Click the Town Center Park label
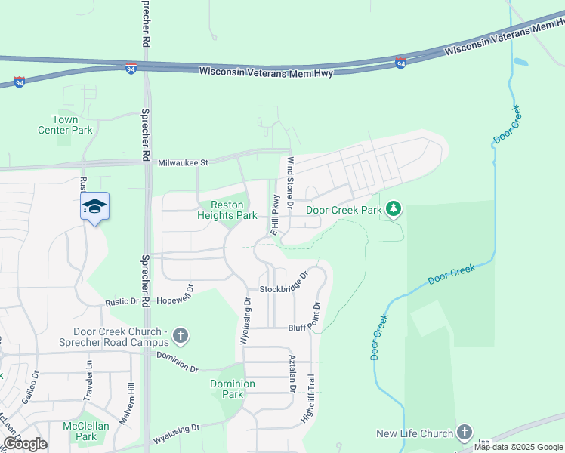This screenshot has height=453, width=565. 65,125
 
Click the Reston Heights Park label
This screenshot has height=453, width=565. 227,210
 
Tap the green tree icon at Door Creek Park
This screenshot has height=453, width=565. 393,208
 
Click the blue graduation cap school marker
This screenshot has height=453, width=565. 95,206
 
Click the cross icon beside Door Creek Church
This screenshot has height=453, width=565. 180,334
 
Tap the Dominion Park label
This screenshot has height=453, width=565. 233,389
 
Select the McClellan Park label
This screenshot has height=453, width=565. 80,431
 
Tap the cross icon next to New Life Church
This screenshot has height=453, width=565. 464,433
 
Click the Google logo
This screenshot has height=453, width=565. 25,444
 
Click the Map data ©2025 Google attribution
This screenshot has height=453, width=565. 518,447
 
